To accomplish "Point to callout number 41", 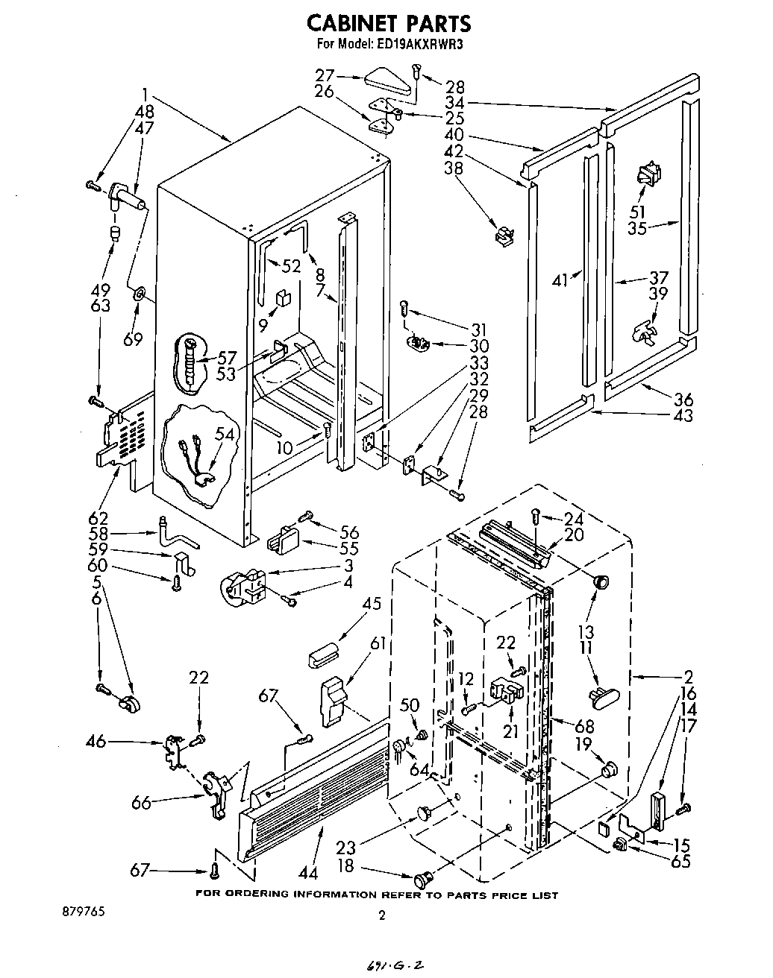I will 561,280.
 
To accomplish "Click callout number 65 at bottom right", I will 681,862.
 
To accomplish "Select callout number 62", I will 98,517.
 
